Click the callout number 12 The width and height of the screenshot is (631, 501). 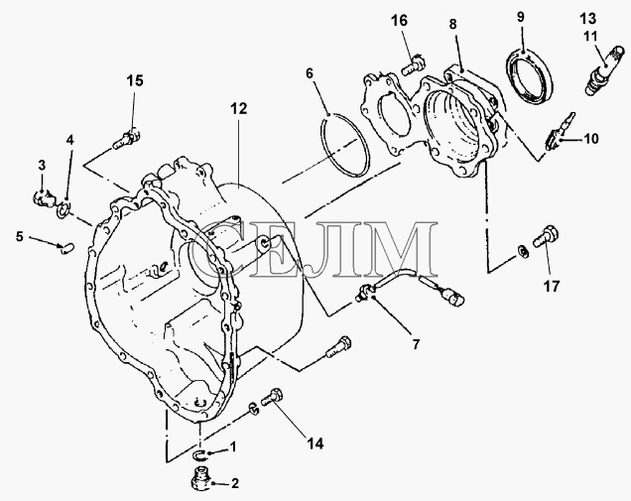(x=239, y=109)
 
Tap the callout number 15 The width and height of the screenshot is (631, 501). (x=135, y=80)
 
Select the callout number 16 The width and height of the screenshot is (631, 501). (x=400, y=20)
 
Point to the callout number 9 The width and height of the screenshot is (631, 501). (x=520, y=17)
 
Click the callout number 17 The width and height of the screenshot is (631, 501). (x=552, y=287)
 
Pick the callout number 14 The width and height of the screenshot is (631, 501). (x=315, y=443)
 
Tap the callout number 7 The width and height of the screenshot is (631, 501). (x=416, y=344)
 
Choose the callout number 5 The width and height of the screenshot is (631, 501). (x=20, y=236)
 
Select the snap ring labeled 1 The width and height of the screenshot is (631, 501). (x=198, y=454)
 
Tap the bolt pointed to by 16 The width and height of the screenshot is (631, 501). (x=414, y=64)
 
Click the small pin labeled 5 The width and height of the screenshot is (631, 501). (x=66, y=248)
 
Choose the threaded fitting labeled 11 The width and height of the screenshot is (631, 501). (x=604, y=71)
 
